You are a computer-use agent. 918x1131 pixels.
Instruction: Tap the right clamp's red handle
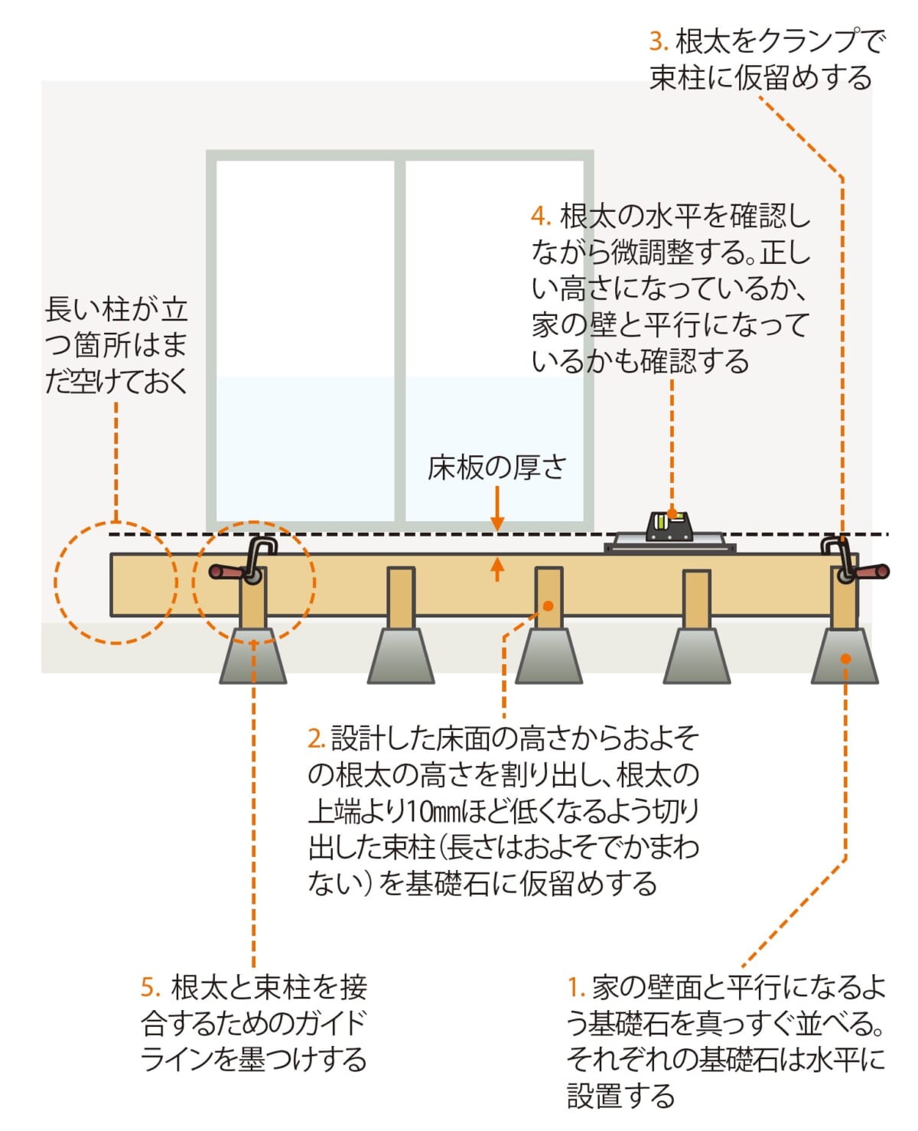[873, 572]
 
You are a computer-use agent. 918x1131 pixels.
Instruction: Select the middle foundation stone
[549, 657]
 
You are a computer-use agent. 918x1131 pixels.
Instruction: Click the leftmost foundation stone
[253, 657]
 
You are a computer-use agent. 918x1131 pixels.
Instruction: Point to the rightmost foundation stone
[845, 657]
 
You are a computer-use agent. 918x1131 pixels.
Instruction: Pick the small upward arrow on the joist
[497, 569]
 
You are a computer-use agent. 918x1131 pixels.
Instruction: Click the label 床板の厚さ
[497, 467]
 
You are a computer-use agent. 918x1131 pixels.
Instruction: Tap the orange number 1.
[575, 988]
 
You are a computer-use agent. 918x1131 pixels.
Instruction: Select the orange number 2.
[316, 738]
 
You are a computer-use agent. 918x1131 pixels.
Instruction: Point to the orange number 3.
[658, 41]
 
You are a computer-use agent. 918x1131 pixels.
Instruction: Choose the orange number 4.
[540, 217]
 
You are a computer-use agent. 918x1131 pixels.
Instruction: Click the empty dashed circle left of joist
[115, 582]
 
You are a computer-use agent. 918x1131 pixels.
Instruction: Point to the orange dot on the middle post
[549, 606]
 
